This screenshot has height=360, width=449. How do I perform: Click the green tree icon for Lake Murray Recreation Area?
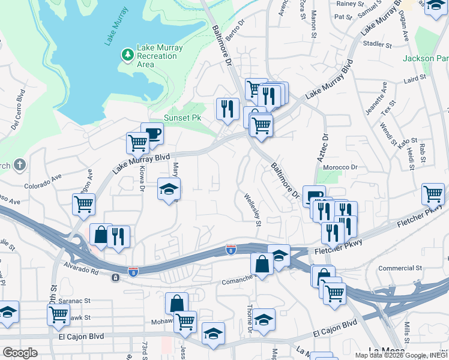[127, 55]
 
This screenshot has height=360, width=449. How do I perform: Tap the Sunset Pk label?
[182, 118]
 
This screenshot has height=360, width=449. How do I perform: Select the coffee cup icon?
[152, 134]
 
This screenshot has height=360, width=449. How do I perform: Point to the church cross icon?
[20, 164]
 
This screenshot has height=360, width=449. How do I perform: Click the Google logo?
[20, 352]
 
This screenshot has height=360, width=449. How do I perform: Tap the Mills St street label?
[408, 329]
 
